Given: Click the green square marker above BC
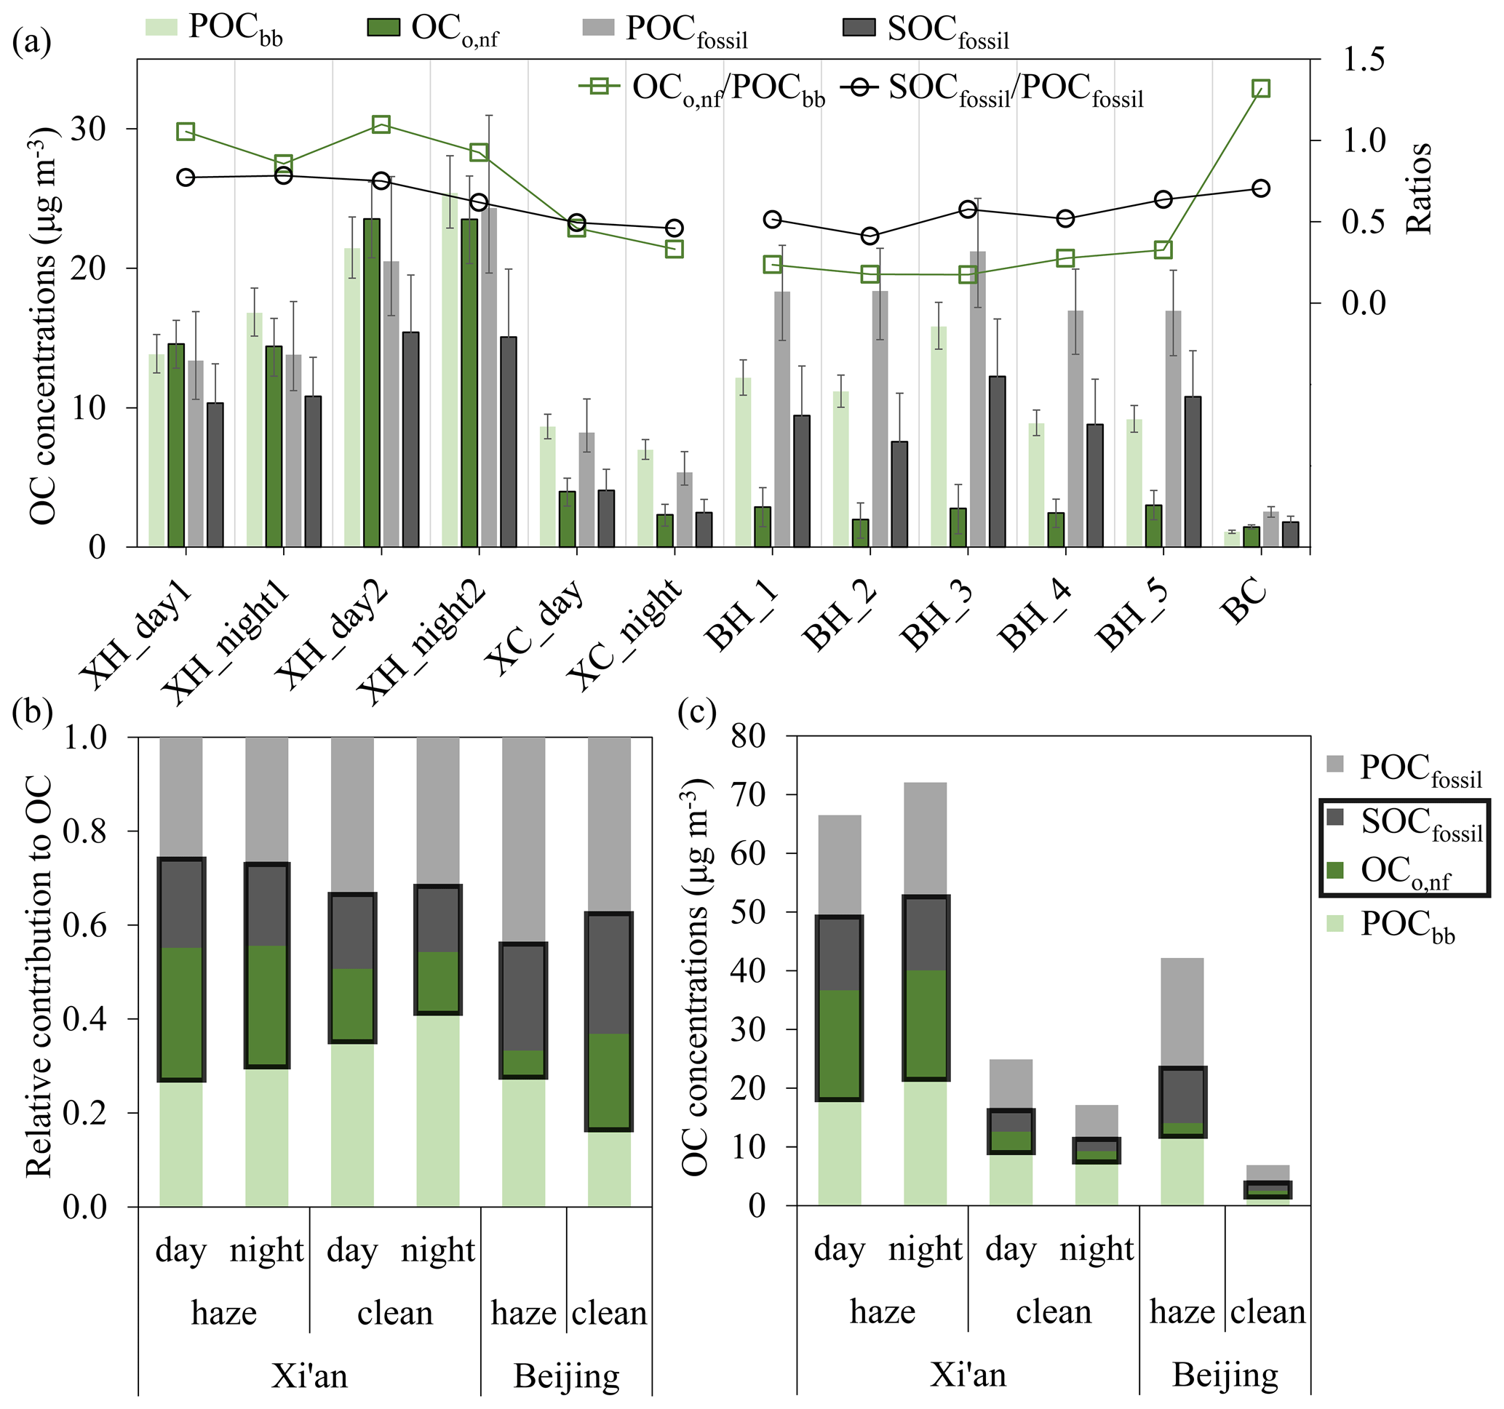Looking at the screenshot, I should tap(1260, 89).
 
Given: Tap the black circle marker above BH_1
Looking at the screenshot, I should tap(773, 220).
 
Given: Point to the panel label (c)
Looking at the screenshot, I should tap(697, 711).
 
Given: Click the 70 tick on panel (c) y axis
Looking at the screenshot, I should tap(747, 795).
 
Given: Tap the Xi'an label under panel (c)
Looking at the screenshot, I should tap(968, 1373).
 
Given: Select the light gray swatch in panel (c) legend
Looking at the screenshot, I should tap(1335, 765).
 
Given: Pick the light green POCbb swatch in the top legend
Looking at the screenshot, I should tap(161, 27).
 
